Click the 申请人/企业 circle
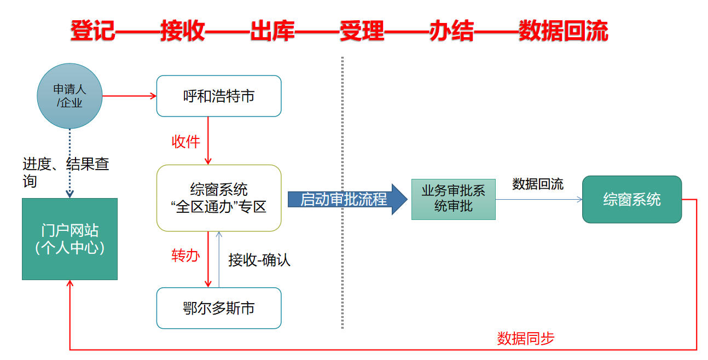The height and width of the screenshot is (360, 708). point(69,96)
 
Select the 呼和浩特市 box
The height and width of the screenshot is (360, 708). point(219,96)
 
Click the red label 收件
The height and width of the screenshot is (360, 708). point(186,142)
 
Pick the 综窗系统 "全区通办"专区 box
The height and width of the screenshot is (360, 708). point(219,198)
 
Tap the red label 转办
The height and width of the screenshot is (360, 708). point(185,256)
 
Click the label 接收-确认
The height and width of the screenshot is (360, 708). point(259,260)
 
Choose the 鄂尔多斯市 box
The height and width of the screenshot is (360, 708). point(219,308)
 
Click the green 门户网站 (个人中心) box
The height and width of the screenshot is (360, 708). point(69,239)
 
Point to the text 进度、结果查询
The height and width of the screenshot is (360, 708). point(66,172)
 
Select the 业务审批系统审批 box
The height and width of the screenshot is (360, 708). point(453,199)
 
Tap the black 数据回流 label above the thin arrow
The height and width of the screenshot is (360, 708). point(537,184)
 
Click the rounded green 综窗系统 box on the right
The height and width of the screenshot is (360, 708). point(631,199)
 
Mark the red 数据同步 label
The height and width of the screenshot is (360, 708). point(525,339)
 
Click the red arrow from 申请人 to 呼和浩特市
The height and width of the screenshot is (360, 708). point(129,96)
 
